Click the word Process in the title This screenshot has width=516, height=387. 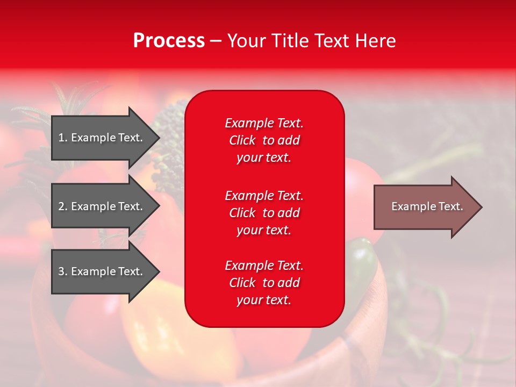coord(169,41)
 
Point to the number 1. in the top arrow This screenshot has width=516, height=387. coord(63,138)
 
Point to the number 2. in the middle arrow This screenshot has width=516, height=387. coord(63,206)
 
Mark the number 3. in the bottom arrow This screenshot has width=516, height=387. coord(63,271)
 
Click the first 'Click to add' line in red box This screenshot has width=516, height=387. coord(264,140)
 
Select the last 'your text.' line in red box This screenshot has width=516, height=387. coord(264,300)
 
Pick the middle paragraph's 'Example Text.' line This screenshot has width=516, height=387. coord(264,195)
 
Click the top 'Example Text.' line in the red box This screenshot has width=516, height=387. coord(264,123)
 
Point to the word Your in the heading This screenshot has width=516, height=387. coord(247,41)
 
